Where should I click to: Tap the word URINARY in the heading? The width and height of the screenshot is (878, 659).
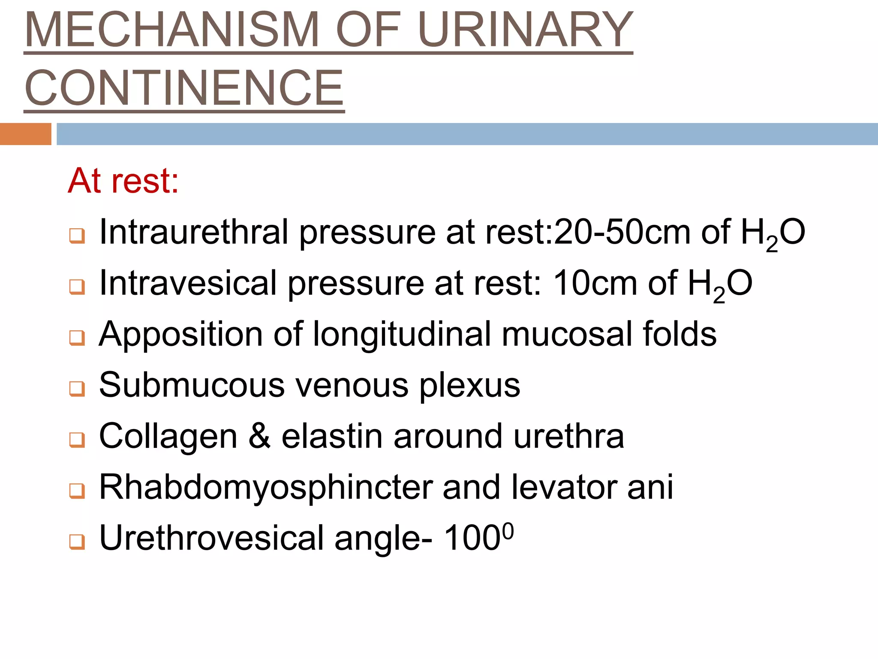tap(525, 30)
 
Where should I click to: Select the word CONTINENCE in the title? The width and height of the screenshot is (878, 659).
tap(184, 88)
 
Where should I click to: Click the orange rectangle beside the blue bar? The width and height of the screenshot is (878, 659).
tap(25, 134)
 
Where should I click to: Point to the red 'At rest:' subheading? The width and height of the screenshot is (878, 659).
tap(123, 181)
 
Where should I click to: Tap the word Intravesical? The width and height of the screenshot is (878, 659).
tap(188, 283)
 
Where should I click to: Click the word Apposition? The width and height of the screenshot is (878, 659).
tap(180, 334)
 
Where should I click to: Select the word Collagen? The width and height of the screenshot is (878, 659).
tap(168, 436)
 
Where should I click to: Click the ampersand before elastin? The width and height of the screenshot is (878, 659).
tap(259, 436)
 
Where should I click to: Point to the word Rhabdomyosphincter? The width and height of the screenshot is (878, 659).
tap(266, 487)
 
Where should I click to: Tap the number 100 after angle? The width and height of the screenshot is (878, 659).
tap(472, 538)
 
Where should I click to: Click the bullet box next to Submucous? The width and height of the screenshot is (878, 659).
tap(77, 389)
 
